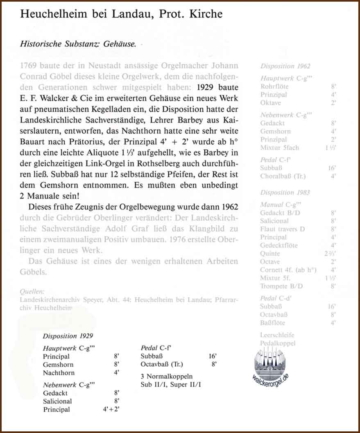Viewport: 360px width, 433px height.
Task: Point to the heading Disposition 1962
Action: click(285, 66)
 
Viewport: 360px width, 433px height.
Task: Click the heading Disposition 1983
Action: click(285, 192)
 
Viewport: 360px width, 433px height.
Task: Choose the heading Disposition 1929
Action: click(68, 336)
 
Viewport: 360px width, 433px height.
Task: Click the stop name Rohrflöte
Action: click(274, 86)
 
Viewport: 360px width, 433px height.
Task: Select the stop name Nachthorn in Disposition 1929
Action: click(59, 373)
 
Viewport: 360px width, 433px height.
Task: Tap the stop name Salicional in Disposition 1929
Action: click(57, 401)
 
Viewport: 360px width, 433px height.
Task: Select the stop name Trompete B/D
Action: click(282, 286)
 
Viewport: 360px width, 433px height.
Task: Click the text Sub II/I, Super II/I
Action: click(171, 384)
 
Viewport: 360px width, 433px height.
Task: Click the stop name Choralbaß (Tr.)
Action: click(283, 176)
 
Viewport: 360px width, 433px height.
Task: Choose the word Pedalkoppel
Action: click(278, 343)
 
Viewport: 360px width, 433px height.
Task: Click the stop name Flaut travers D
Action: click(283, 229)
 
